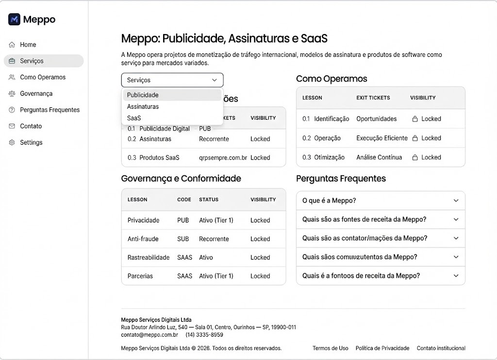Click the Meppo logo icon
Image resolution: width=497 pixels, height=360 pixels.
click(x=14, y=19)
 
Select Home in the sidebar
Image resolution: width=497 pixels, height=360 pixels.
click(x=28, y=45)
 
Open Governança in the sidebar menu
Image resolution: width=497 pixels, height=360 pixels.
click(x=36, y=94)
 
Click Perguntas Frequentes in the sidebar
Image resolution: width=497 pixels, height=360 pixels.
click(x=50, y=110)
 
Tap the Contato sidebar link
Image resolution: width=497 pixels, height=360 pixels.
click(x=31, y=126)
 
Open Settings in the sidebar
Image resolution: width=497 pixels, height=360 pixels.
click(x=31, y=143)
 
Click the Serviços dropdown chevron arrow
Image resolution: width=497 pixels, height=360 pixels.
click(x=215, y=80)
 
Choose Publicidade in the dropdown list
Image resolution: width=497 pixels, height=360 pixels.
click(x=143, y=95)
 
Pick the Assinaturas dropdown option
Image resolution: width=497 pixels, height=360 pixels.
click(x=143, y=106)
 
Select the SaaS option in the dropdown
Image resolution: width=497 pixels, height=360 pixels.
click(x=134, y=118)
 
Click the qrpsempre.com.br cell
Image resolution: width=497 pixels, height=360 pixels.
click(x=223, y=158)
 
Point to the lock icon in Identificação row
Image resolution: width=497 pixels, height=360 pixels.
click(x=415, y=119)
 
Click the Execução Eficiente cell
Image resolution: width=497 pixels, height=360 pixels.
click(x=382, y=138)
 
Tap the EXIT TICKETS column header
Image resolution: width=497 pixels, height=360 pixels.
click(x=373, y=98)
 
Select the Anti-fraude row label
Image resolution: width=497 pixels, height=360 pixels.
click(x=143, y=239)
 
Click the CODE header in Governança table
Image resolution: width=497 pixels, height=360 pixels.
click(x=184, y=200)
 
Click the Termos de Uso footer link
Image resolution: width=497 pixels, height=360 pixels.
click(x=330, y=348)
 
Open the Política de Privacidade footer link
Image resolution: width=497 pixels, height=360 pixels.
click(x=382, y=348)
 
